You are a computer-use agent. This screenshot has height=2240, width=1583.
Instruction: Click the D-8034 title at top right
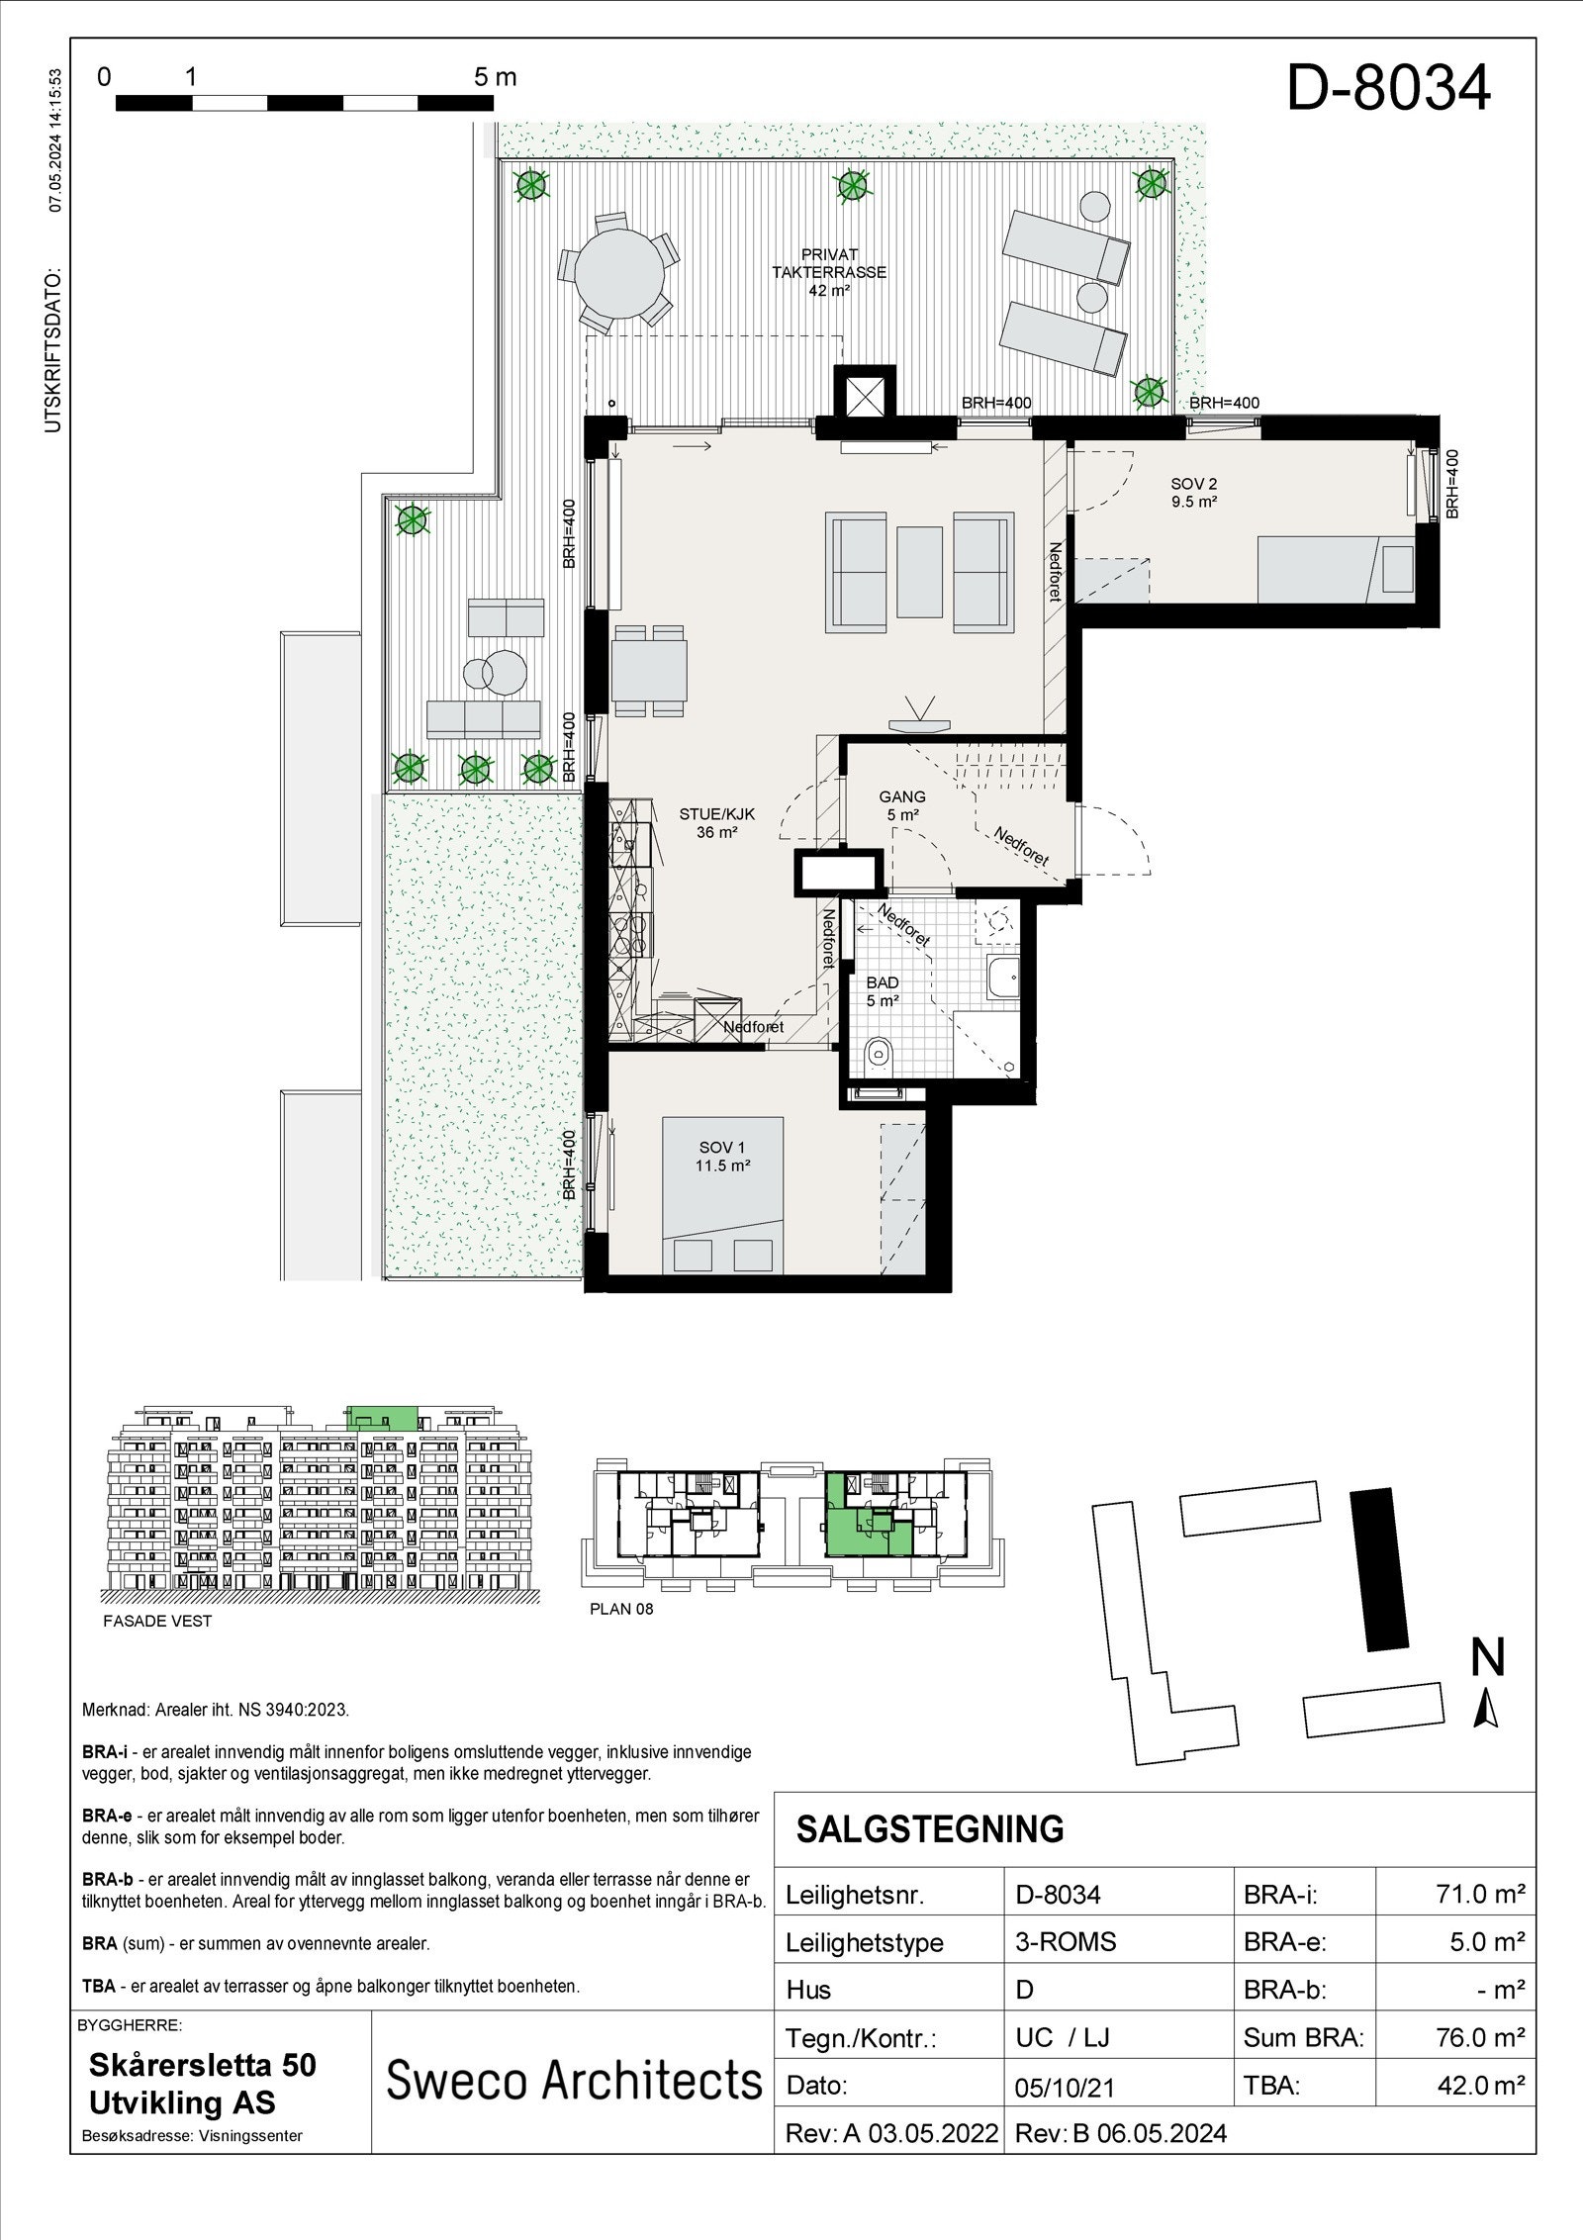[x=1387, y=88]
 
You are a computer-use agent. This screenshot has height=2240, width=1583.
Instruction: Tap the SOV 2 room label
[x=1193, y=492]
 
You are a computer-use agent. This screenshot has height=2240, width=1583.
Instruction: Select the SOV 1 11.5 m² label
[x=723, y=1156]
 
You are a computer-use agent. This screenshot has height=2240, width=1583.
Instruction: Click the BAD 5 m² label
[x=882, y=991]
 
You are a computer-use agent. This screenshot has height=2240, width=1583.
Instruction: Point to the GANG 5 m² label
[x=901, y=804]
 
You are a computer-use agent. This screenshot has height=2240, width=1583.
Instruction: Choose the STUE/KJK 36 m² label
[x=716, y=822]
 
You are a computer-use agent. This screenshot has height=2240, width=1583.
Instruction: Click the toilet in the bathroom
[x=877, y=1056]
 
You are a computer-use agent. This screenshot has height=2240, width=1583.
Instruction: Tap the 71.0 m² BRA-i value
[x=1479, y=1894]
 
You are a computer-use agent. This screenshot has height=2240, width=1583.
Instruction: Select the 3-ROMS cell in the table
[x=1065, y=1941]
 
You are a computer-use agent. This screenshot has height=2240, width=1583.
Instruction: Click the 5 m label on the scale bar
[x=495, y=77]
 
